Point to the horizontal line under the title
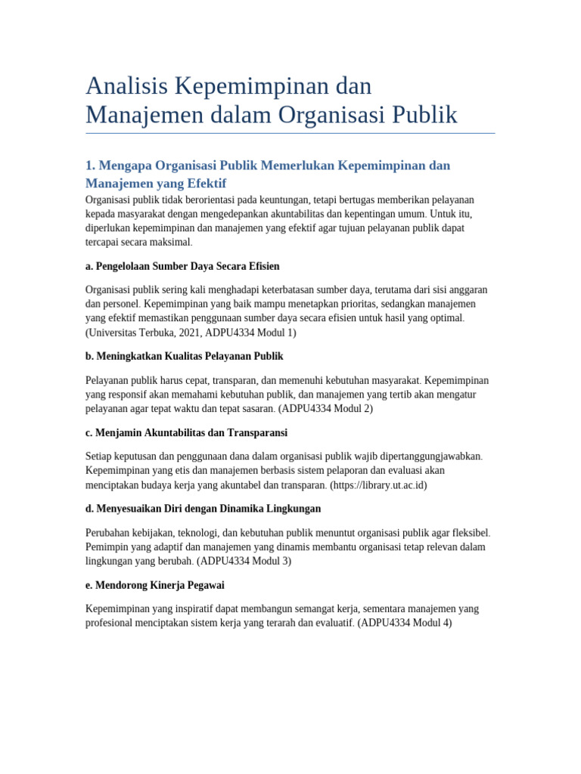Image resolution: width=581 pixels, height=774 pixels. click(x=290, y=134)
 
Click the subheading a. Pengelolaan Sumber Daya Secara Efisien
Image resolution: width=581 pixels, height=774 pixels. click(x=182, y=266)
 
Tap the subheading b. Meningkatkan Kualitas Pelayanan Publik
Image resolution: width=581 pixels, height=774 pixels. click(x=185, y=356)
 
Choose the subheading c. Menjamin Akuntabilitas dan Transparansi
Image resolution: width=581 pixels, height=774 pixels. click(x=186, y=432)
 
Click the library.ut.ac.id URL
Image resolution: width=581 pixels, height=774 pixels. click(x=378, y=485)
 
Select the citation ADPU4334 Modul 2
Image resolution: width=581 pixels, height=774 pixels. click(x=325, y=409)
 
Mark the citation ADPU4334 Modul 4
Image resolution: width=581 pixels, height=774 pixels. click(x=405, y=624)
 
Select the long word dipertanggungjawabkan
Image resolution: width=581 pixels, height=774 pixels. click(x=421, y=457)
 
